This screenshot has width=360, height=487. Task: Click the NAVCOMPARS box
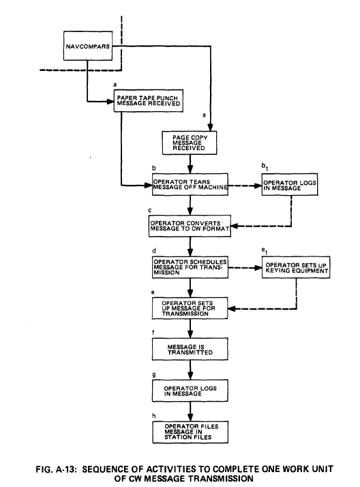pyautogui.click(x=88, y=46)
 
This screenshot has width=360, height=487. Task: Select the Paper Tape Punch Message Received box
pyautogui.click(x=149, y=101)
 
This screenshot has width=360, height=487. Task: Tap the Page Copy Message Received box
pyautogui.click(x=190, y=143)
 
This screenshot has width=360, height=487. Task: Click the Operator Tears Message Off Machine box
pyautogui.click(x=190, y=184)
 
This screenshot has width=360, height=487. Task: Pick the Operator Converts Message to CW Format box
pyautogui.click(x=190, y=226)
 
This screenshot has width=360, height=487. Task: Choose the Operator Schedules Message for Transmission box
pyautogui.click(x=190, y=267)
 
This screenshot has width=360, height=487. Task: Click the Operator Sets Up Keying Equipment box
pyautogui.click(x=296, y=267)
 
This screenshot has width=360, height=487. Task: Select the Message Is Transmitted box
pyautogui.click(x=190, y=349)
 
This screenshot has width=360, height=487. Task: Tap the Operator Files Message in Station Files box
pyautogui.click(x=190, y=432)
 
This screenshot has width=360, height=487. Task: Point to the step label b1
pyautogui.click(x=265, y=167)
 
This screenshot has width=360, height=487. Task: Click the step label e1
pyautogui.click(x=265, y=250)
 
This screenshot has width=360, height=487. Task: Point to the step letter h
pyautogui.click(x=154, y=416)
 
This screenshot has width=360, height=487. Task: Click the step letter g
pyautogui.click(x=154, y=374)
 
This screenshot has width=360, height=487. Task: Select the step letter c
pyautogui.click(x=150, y=210)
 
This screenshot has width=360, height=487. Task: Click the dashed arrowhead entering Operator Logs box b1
pyautogui.click(x=258, y=186)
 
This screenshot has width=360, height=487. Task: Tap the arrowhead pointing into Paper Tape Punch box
pyautogui.click(x=110, y=101)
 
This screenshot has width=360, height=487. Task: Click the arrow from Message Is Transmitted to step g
pyautogui.click(x=190, y=370)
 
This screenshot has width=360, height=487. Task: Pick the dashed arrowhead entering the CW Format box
pyautogui.click(x=235, y=226)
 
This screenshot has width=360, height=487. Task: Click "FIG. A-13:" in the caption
pyautogui.click(x=56, y=469)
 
